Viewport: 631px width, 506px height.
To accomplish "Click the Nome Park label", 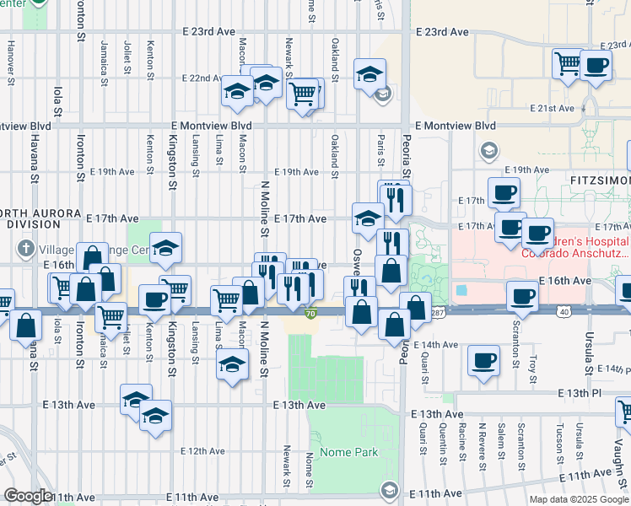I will (353, 452).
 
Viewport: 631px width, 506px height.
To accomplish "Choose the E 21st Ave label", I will (553, 109).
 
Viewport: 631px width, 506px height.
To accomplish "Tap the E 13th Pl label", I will (579, 394).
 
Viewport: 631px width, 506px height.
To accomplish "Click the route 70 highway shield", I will (310, 315).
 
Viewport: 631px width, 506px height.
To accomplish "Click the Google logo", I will (28, 496).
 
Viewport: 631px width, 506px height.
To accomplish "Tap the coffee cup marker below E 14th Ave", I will (483, 360).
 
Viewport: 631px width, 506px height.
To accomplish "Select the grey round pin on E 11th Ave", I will (389, 489).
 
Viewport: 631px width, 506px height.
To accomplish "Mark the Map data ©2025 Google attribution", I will (579, 499).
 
